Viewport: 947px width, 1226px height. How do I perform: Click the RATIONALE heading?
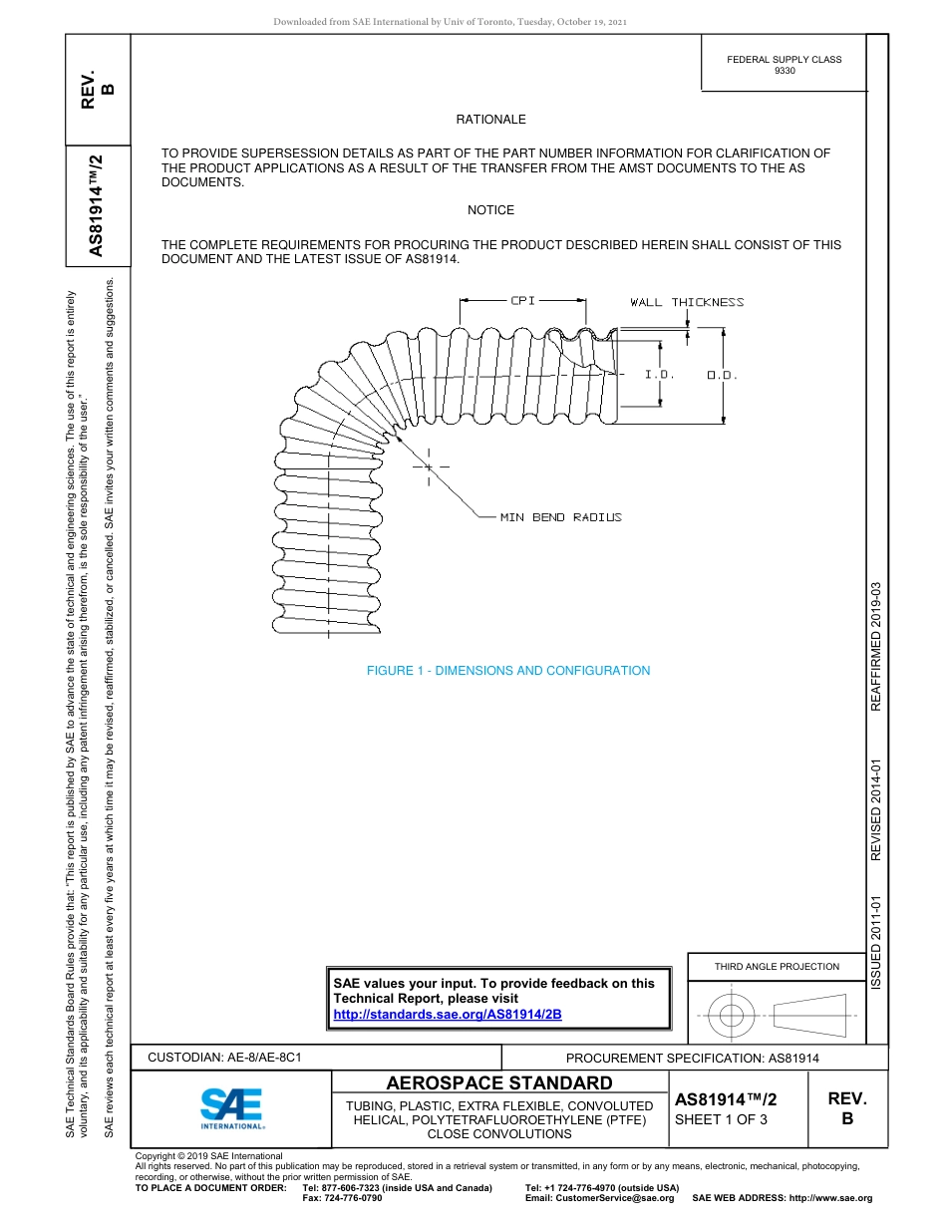point(490,120)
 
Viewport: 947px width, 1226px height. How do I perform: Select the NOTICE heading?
point(490,210)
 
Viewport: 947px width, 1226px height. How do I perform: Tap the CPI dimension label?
point(523,300)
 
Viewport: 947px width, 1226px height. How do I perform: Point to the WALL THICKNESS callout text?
point(687,302)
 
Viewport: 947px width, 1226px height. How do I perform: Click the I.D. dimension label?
point(659,375)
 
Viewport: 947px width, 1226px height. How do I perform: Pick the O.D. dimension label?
point(722,375)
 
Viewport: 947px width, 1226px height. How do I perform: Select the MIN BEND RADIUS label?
point(560,517)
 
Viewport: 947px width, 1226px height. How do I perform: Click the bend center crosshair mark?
point(429,466)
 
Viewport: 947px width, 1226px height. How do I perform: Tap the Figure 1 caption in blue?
point(508,671)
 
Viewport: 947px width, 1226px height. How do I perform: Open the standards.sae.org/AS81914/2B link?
point(448,1014)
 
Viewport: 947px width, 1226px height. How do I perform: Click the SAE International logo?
point(232,1107)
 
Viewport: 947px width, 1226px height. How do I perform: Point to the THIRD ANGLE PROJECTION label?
point(777,966)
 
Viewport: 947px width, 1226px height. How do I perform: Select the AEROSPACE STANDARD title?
point(499,1083)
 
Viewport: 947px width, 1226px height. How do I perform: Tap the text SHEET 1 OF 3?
point(721,1119)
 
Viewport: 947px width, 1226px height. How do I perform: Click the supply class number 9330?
point(785,72)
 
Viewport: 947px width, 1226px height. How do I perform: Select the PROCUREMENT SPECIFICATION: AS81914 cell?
point(692,1059)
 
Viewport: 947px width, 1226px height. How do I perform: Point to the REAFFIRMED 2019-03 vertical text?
point(876,646)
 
